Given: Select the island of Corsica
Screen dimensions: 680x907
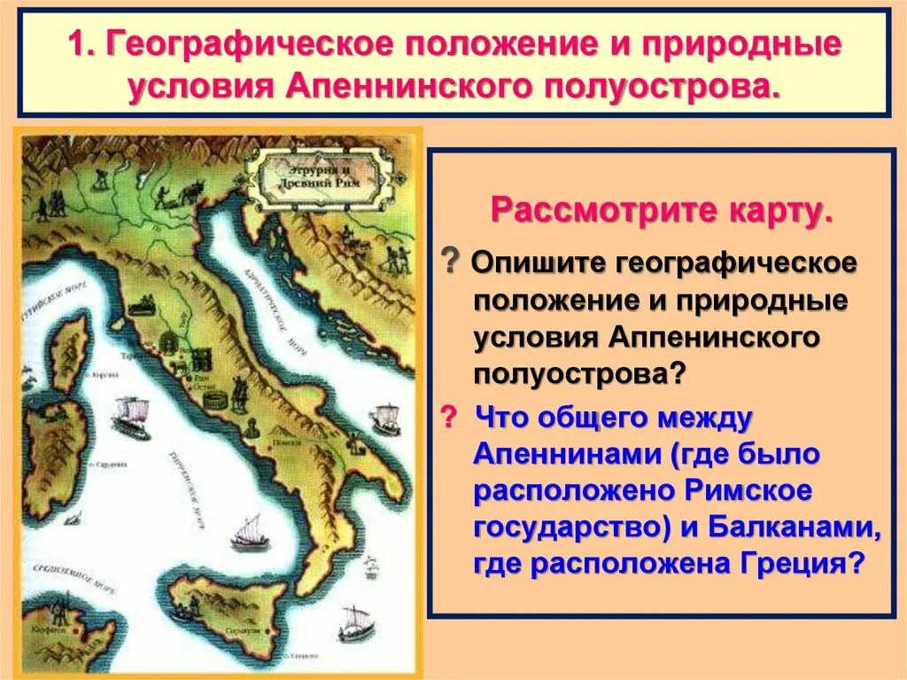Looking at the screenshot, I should (x=68, y=350).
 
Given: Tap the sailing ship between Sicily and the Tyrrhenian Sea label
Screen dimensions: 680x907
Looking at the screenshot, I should (x=244, y=531).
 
